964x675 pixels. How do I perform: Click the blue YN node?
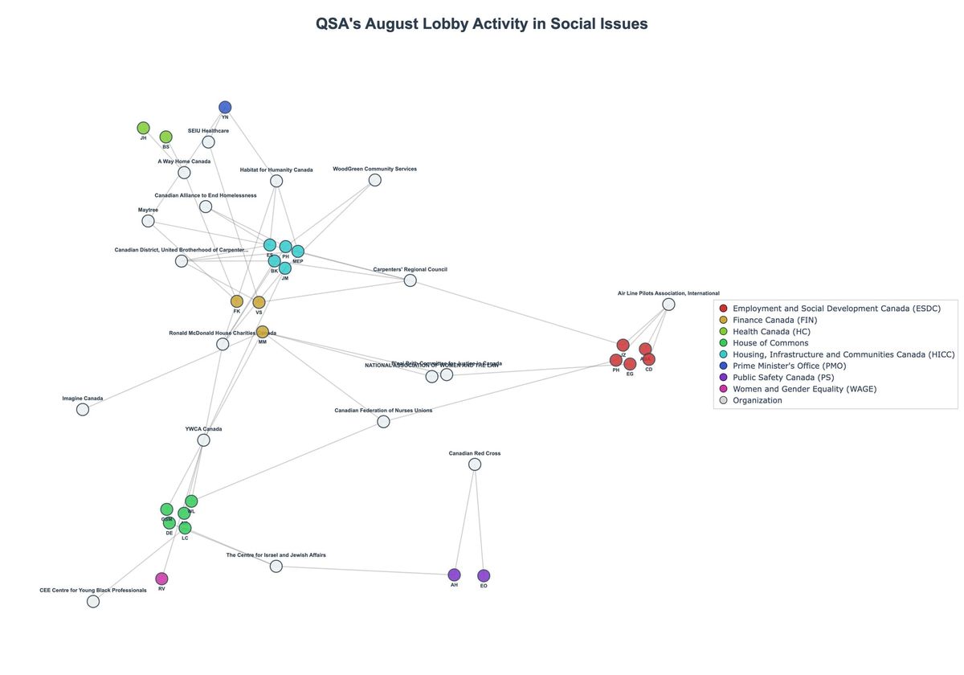click(225, 107)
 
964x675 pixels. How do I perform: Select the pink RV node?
click(161, 579)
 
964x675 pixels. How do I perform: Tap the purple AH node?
click(454, 575)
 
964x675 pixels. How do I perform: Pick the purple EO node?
click(484, 575)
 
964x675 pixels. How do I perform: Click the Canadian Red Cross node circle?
click(475, 464)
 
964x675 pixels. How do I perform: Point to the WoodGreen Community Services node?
click(374, 180)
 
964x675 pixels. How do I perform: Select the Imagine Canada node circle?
click(83, 409)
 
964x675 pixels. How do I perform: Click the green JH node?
click(143, 128)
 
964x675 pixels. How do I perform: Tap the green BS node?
click(165, 137)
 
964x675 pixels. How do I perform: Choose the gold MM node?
click(263, 332)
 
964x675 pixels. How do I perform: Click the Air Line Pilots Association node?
click(668, 305)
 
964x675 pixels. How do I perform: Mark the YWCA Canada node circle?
click(203, 440)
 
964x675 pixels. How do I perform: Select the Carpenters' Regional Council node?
click(410, 280)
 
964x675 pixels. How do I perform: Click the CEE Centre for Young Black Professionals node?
click(93, 601)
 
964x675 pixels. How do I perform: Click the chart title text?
click(481, 24)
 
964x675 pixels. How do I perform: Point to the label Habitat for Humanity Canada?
click(276, 170)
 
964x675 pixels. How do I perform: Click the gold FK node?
click(237, 301)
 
